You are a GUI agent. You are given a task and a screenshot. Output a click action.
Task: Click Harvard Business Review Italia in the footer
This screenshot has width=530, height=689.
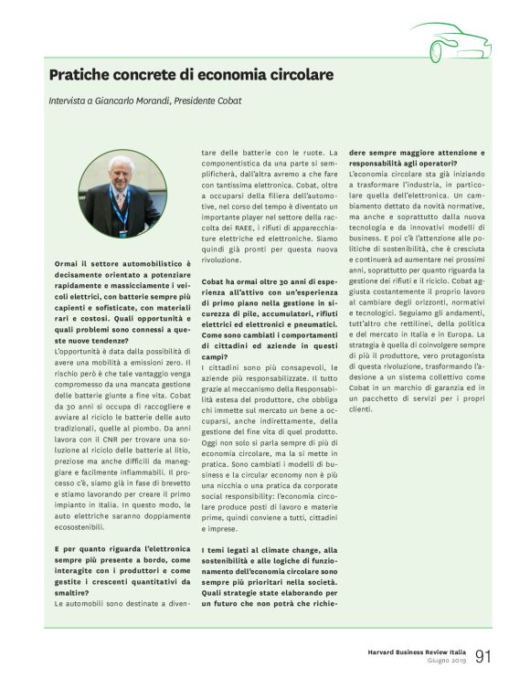point(410,652)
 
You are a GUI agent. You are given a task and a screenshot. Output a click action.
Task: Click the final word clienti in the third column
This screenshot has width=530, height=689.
point(360,408)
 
